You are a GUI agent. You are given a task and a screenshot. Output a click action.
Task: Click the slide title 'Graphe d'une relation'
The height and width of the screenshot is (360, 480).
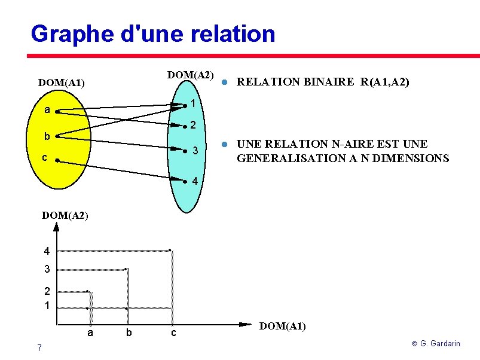pyautogui.click(x=152, y=33)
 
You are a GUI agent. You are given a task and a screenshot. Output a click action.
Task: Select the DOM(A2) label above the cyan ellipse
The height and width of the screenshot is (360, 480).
pyautogui.click(x=191, y=75)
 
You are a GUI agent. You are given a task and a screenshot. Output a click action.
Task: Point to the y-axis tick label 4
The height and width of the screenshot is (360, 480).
pyautogui.click(x=46, y=251)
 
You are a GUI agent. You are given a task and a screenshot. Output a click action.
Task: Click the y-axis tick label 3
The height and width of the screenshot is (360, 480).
pyautogui.click(x=46, y=270)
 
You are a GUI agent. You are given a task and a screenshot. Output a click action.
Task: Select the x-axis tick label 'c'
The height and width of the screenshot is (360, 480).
pyautogui.click(x=173, y=332)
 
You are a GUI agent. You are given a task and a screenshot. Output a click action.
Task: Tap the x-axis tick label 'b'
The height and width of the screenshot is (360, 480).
pyautogui.click(x=128, y=332)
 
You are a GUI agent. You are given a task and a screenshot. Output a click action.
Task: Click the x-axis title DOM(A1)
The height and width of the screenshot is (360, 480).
pyautogui.click(x=282, y=326)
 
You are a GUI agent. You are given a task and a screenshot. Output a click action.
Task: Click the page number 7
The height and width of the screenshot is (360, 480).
pyautogui.click(x=39, y=348)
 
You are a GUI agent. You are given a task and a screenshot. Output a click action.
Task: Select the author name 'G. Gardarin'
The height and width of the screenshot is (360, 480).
pyautogui.click(x=440, y=344)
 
